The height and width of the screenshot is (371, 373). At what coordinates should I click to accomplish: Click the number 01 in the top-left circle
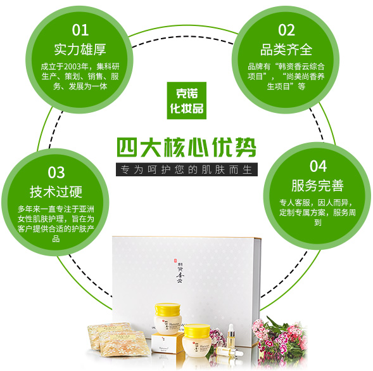80,30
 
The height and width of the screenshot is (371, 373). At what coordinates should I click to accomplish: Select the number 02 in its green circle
286,30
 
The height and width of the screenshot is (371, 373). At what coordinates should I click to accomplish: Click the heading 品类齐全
286,50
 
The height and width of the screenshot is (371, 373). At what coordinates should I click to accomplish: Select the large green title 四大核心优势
187,147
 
